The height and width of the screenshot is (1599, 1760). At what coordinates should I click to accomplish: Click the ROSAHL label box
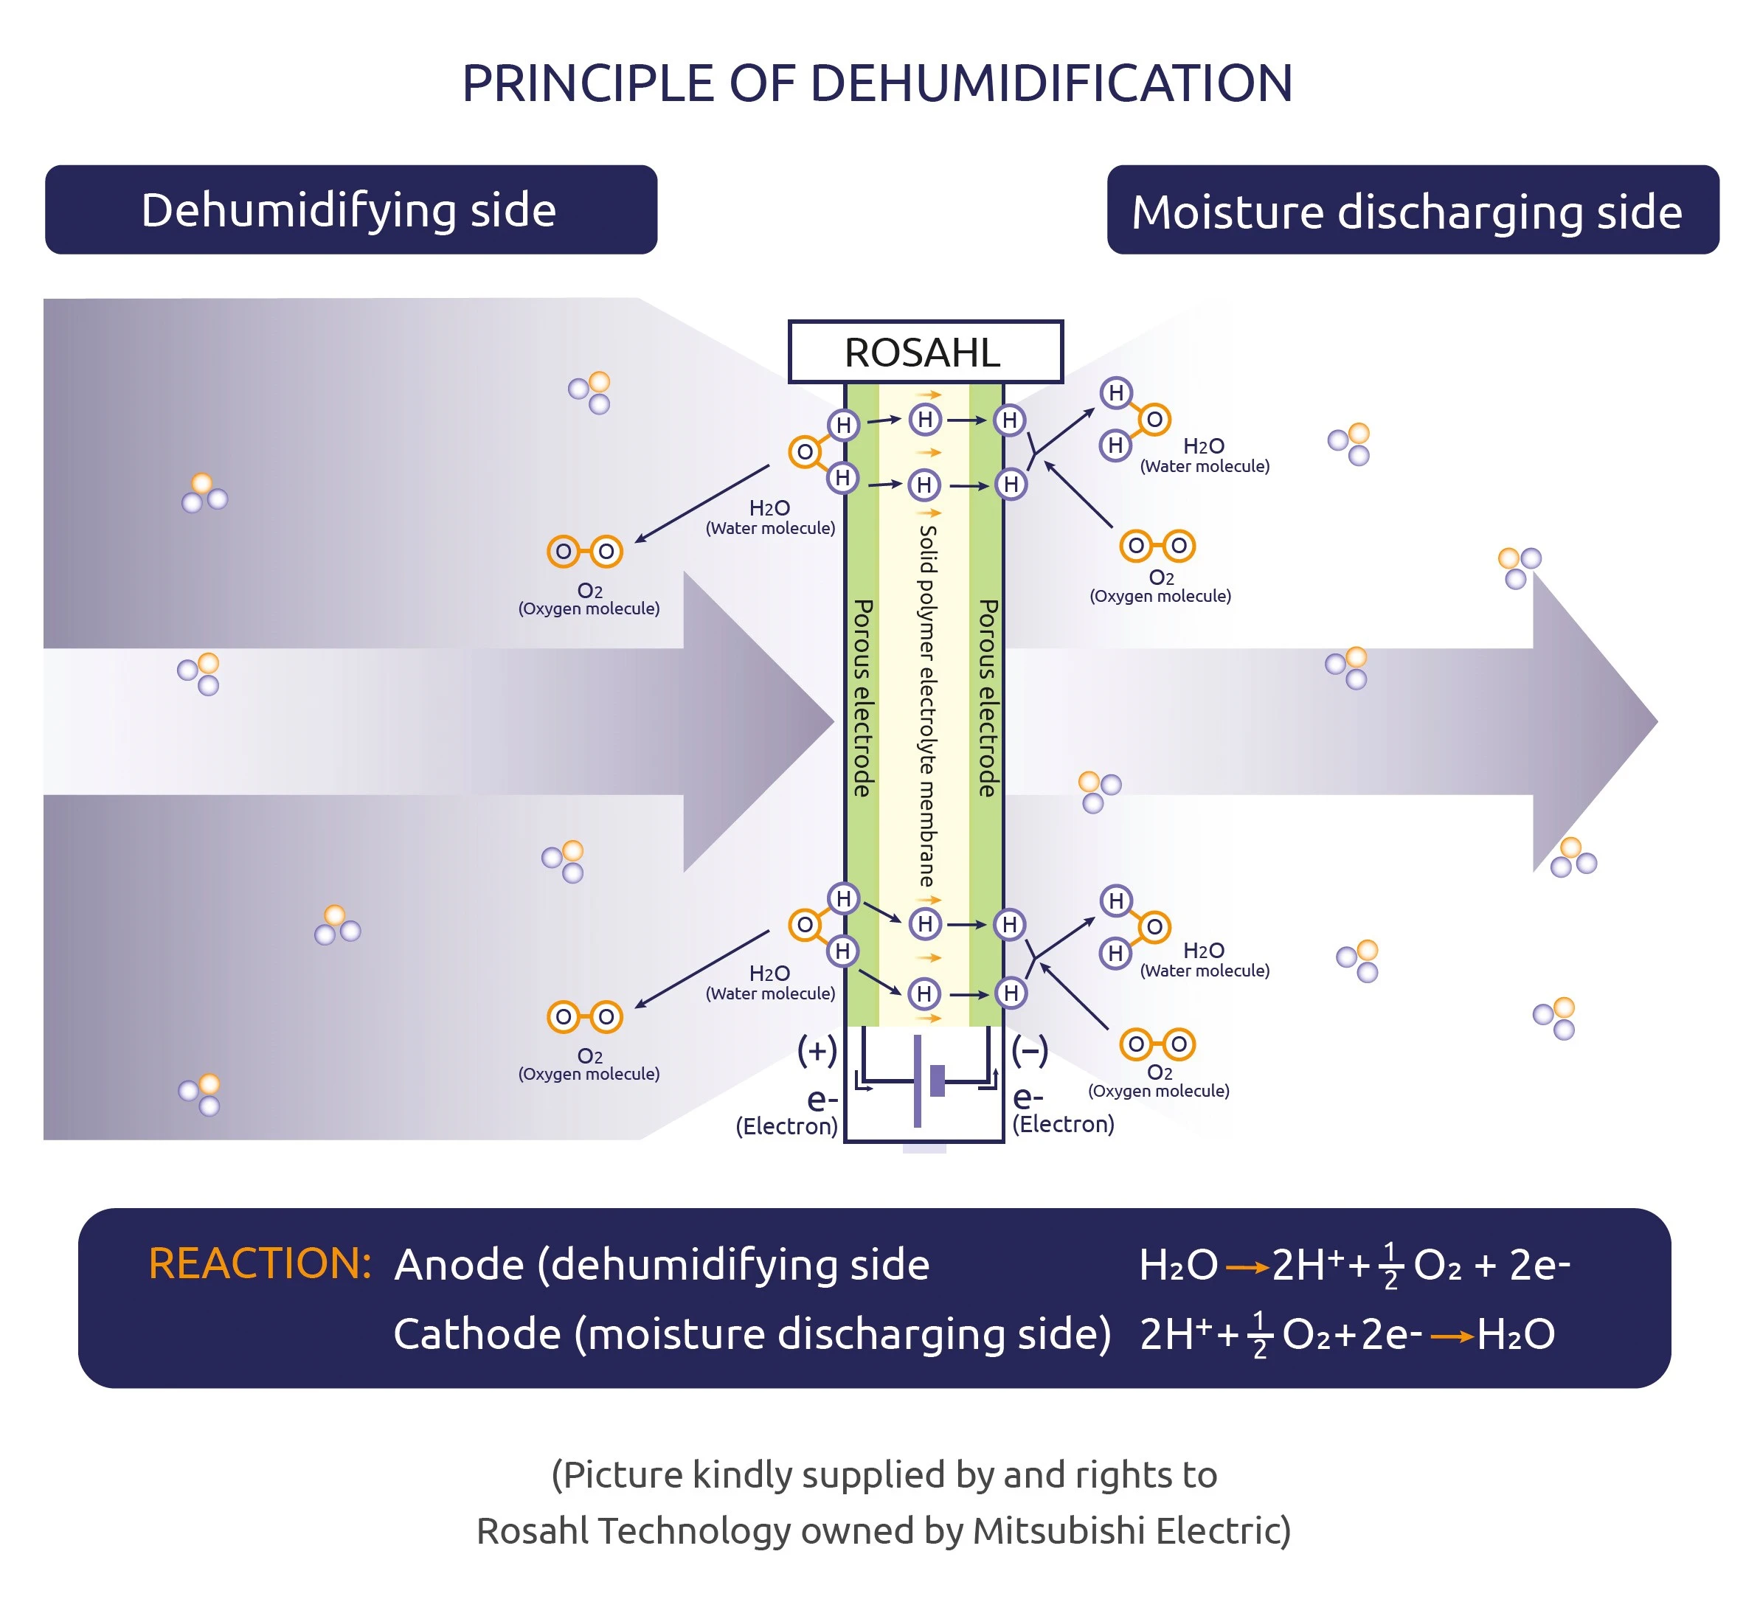(x=924, y=353)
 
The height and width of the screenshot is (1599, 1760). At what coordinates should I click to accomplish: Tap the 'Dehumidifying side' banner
(x=350, y=210)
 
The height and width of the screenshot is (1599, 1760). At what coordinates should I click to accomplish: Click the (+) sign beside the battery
(x=817, y=1051)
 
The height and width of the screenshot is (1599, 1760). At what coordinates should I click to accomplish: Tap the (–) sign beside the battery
(x=1029, y=1051)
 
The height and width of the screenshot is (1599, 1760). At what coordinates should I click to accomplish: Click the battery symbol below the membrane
(x=924, y=1081)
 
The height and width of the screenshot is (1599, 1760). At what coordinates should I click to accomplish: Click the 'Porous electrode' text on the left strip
(x=862, y=698)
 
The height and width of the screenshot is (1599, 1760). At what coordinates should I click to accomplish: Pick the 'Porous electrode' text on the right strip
(x=988, y=698)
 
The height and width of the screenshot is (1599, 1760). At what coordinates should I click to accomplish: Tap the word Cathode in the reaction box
(x=477, y=1334)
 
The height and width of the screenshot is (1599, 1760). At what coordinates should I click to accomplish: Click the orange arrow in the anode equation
(x=1247, y=1268)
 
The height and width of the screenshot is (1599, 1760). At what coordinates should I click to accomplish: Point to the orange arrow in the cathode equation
(x=1452, y=1337)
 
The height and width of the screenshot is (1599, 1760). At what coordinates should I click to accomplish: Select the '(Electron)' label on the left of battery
(x=786, y=1127)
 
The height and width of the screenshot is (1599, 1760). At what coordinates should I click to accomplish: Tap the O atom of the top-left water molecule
(x=804, y=452)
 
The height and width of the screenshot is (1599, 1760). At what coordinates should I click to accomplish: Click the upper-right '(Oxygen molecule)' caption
(x=1160, y=596)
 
